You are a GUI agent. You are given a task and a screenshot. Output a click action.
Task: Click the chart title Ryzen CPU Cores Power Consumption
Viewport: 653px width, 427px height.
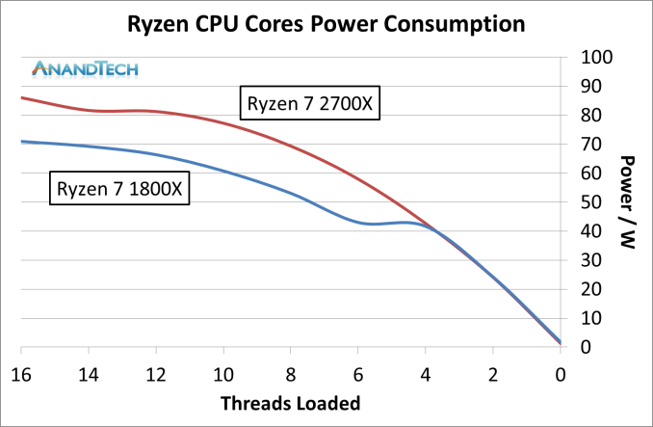click(x=327, y=23)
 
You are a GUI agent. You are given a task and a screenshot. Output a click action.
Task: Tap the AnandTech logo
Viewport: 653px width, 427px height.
click(x=86, y=68)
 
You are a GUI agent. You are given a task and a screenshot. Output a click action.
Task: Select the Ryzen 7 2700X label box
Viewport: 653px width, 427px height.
click(x=310, y=103)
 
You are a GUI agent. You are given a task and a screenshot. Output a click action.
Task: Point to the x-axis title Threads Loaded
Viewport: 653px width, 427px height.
click(x=290, y=402)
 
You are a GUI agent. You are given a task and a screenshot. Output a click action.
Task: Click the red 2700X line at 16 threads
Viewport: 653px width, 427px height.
click(x=22, y=97)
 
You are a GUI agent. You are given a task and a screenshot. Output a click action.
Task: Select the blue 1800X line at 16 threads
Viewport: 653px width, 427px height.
click(x=22, y=142)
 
